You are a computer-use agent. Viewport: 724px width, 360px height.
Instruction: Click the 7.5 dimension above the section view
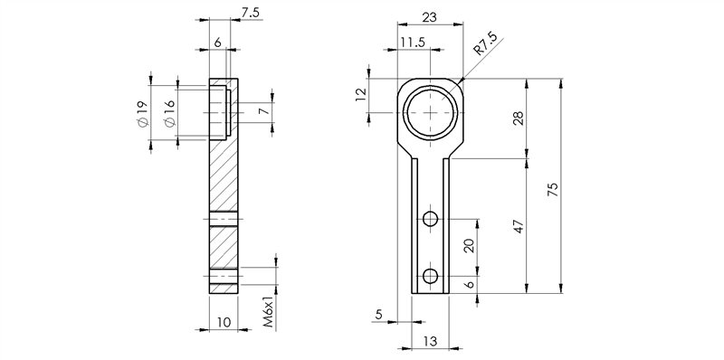(x=252, y=13)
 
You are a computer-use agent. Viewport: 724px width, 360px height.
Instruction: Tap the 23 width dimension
(x=429, y=17)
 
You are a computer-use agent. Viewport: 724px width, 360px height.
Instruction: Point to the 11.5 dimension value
(x=413, y=43)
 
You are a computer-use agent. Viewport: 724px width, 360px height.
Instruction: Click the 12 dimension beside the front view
(x=360, y=94)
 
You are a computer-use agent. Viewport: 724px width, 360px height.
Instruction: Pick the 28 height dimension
(x=519, y=118)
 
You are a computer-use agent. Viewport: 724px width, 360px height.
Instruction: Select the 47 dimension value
(x=519, y=226)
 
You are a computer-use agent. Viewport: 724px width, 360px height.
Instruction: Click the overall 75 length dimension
(x=553, y=190)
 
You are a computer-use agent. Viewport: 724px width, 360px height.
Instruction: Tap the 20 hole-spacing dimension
(x=470, y=245)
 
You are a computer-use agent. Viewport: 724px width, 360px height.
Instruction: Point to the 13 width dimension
(x=429, y=341)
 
